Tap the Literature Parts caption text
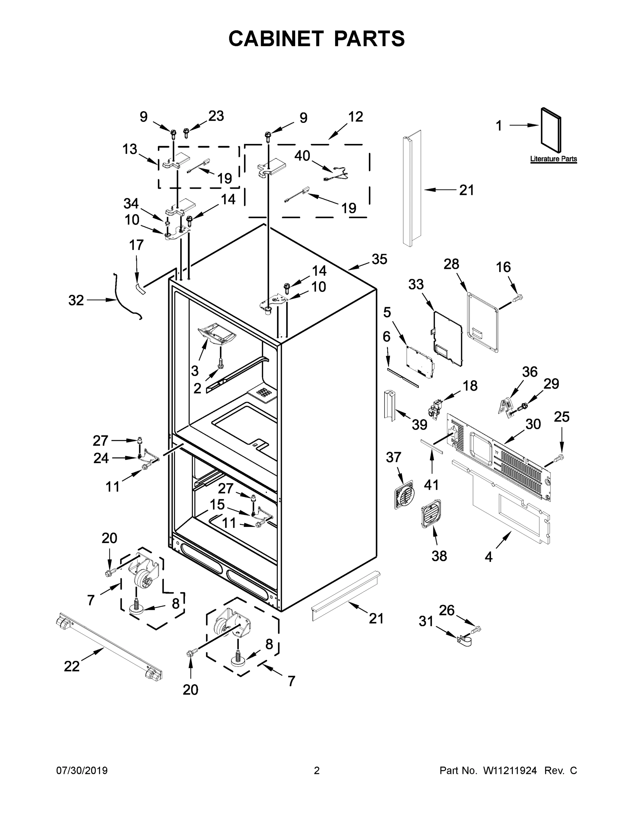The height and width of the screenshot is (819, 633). click(553, 159)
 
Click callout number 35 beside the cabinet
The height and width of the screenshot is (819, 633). click(379, 259)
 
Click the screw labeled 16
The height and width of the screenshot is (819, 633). click(518, 298)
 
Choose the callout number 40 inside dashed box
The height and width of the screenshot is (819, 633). click(302, 156)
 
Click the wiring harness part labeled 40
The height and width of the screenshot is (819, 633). click(336, 175)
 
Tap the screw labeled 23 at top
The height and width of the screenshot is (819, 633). click(186, 133)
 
